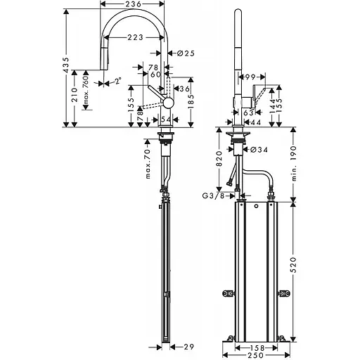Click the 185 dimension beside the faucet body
[190, 105]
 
